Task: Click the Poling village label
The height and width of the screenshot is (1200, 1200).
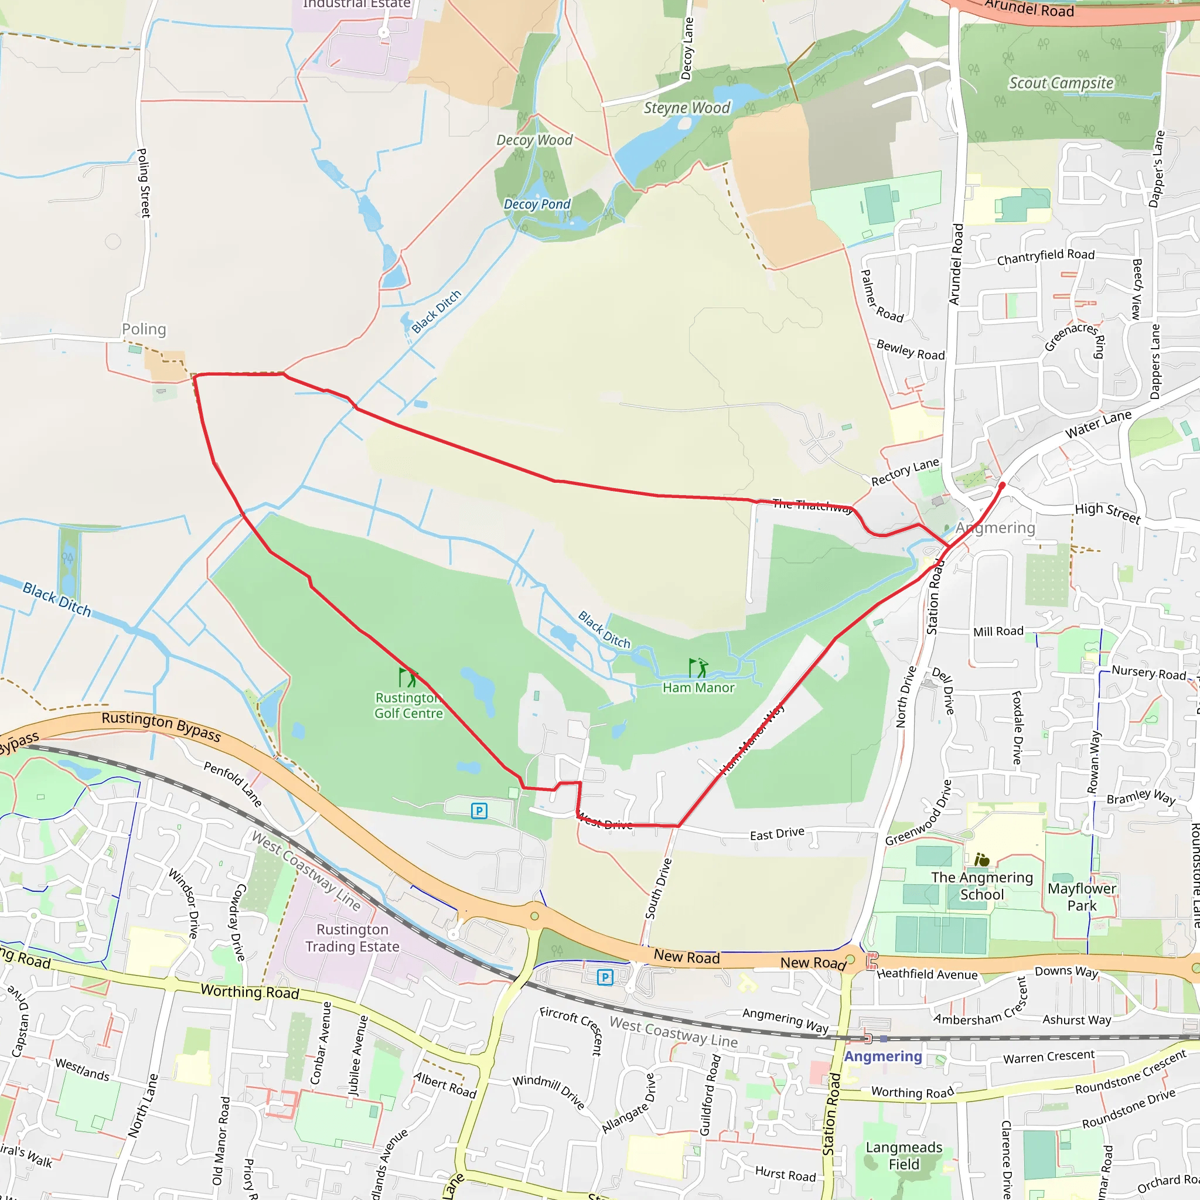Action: (144, 329)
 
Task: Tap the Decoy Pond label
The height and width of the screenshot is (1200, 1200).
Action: (537, 204)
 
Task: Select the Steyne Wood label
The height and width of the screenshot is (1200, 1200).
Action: (687, 108)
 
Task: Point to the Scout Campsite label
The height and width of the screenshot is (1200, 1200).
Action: (1061, 83)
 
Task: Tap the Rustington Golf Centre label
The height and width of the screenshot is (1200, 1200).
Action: (409, 705)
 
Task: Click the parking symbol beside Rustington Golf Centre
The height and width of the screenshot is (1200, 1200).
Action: (479, 810)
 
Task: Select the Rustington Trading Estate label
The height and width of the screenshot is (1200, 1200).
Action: (352, 938)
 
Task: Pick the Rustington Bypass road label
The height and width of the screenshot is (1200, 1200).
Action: (161, 726)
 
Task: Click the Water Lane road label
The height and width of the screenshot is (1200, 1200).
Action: (1098, 424)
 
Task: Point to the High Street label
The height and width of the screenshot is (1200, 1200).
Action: (1107, 513)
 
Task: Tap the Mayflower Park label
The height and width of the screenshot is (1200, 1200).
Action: (1082, 897)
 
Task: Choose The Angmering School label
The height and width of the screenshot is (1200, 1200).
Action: (981, 886)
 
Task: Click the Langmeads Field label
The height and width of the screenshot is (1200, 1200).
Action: (904, 1155)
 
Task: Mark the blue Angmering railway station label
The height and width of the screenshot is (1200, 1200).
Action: (882, 1056)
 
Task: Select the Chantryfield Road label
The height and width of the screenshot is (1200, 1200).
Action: (1045, 257)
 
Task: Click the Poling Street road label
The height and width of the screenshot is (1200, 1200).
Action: (144, 183)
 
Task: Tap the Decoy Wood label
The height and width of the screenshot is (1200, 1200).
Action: (534, 141)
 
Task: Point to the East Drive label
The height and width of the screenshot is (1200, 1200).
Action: (776, 834)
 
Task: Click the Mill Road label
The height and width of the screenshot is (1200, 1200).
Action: (998, 632)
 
